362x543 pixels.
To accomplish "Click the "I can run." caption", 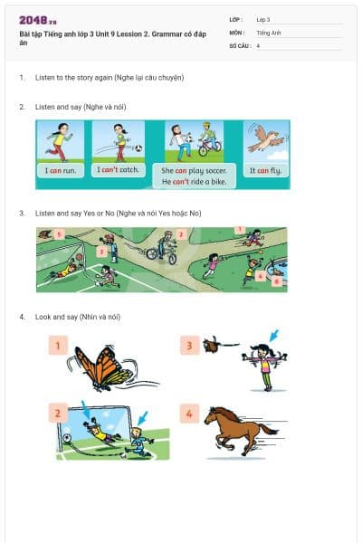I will pos(61,170).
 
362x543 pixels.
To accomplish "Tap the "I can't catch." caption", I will pos(119,170).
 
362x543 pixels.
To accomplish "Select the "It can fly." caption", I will pos(265,170).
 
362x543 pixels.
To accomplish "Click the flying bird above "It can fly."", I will pos(264,138).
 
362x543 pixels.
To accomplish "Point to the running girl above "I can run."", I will pos(60,140).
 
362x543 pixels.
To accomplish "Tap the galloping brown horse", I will pos(239,429).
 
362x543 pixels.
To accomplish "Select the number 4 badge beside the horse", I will pos(189,415).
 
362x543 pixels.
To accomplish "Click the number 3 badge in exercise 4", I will pos(189,346).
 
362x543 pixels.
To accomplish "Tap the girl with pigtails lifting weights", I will pos(262,365).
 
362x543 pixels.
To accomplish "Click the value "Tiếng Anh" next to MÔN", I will pos(270,32).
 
